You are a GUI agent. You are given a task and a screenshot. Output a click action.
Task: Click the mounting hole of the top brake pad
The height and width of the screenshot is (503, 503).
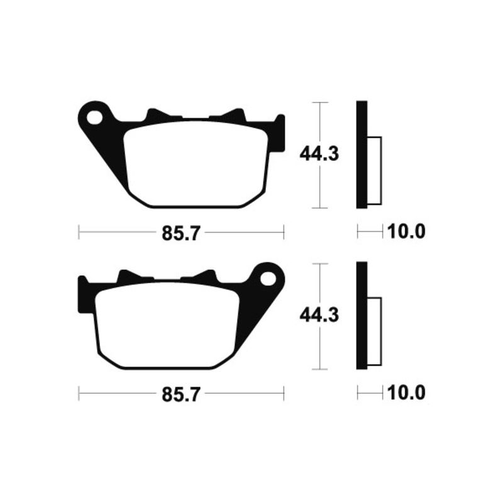pos(96,117)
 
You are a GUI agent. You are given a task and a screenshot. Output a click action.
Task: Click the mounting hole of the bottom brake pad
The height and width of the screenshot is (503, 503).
pos(267,277)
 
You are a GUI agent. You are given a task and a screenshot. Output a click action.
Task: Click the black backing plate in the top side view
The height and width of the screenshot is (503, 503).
pos(362,155)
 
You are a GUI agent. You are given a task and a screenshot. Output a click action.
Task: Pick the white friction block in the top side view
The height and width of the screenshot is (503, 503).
pos(373,170)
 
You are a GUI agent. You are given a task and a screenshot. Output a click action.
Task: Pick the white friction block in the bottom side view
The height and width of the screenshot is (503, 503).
pos(373,331)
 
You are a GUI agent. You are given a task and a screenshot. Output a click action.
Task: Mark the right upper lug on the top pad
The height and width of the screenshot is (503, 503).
pos(235,114)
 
